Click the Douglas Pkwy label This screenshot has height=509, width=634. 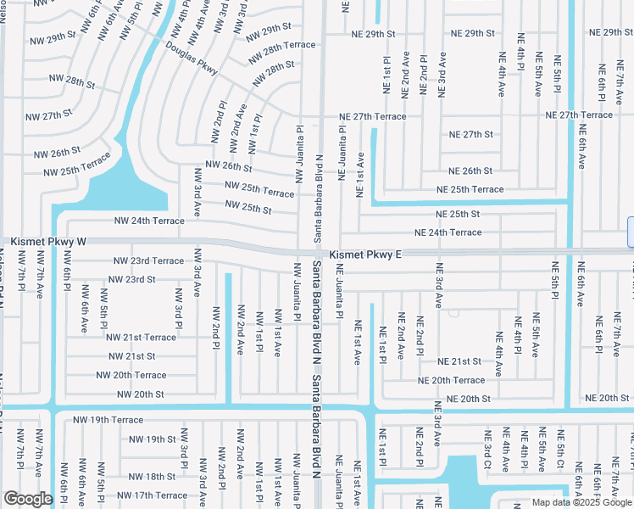(x=192, y=58)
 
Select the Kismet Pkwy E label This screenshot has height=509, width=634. (x=363, y=254)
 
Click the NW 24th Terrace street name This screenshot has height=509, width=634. (x=149, y=221)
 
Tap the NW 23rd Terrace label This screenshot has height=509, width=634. (x=148, y=260)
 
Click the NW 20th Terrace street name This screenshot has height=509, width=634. (x=131, y=375)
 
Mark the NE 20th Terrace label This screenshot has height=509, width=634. (x=451, y=380)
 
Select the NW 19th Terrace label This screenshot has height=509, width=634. (x=108, y=420)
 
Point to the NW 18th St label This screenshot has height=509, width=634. (x=147, y=477)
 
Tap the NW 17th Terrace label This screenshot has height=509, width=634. (x=153, y=495)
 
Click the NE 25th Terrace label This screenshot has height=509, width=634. (x=470, y=189)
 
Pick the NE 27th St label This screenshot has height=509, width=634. (x=471, y=134)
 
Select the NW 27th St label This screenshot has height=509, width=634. (x=50, y=115)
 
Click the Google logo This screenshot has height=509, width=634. (x=28, y=499)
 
